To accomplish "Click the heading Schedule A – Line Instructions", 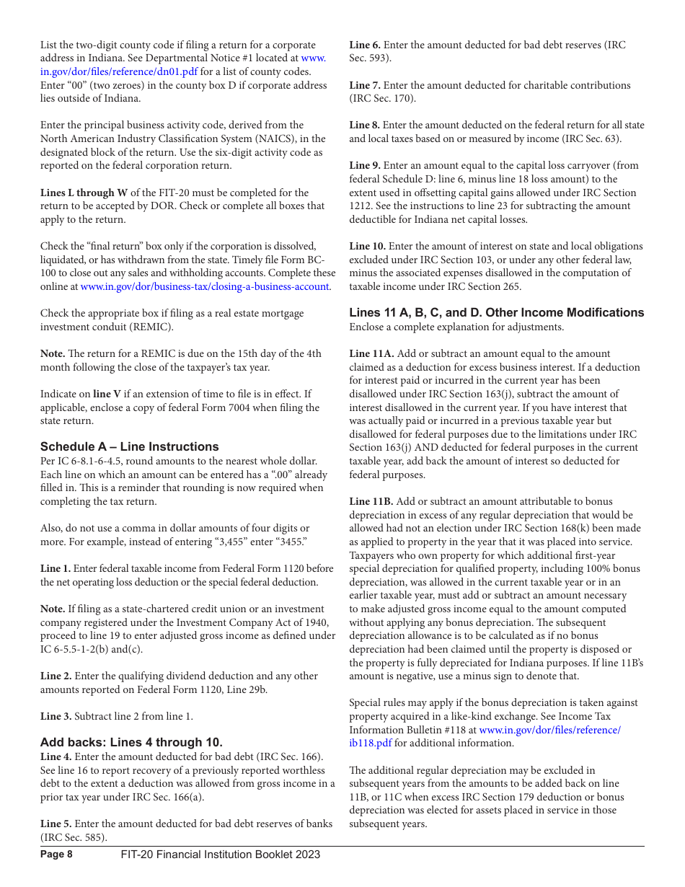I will click(129, 446).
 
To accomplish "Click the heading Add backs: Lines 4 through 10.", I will click(131, 742).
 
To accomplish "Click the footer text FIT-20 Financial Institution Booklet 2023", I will click(221, 855).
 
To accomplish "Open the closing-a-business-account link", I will click(205, 286).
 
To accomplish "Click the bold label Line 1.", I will click(56, 568).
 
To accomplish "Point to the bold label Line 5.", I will click(56, 824).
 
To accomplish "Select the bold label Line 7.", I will click(365, 85).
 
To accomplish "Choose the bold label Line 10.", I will click(368, 246).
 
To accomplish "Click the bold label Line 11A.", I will click(371, 353).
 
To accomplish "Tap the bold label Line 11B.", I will click(371, 501).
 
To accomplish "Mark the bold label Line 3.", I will click(56, 716).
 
